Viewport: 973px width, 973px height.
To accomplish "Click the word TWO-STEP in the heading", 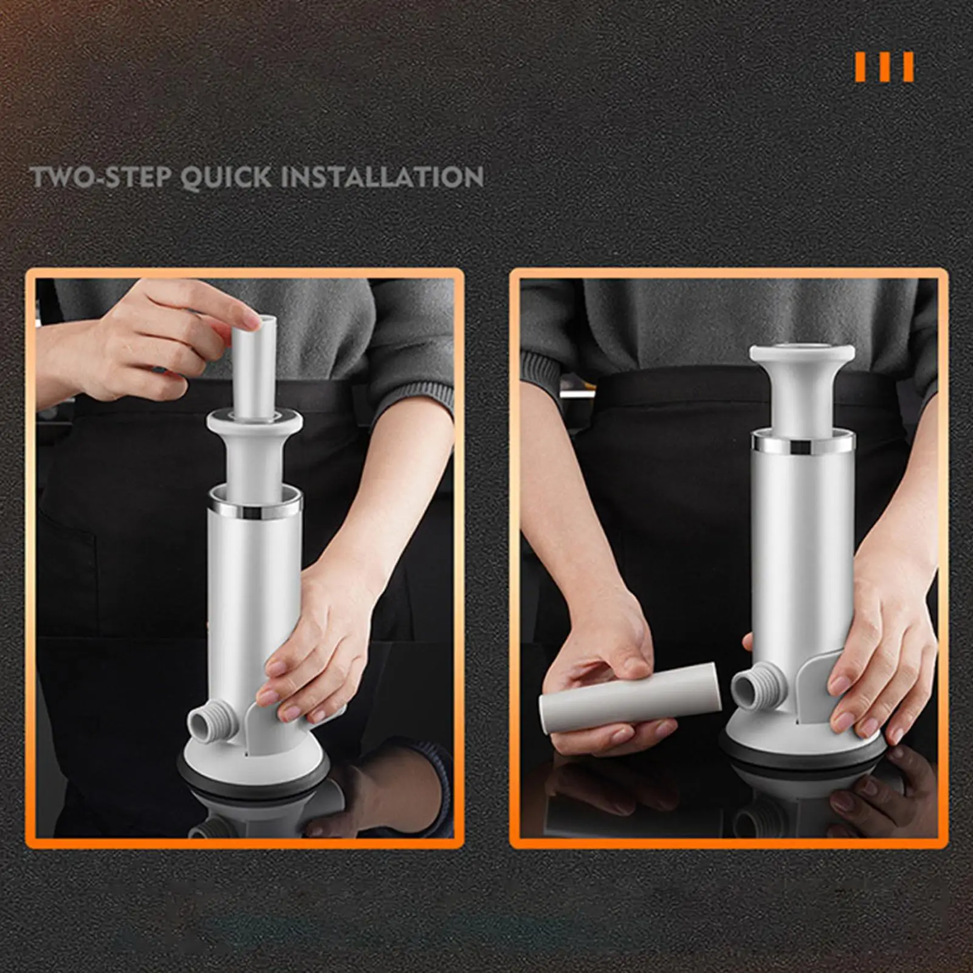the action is [101, 177].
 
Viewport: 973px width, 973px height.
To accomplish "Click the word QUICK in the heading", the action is [226, 177].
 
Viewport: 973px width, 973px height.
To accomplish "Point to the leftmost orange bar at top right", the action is [861, 67].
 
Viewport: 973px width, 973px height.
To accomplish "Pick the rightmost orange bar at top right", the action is [909, 67].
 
